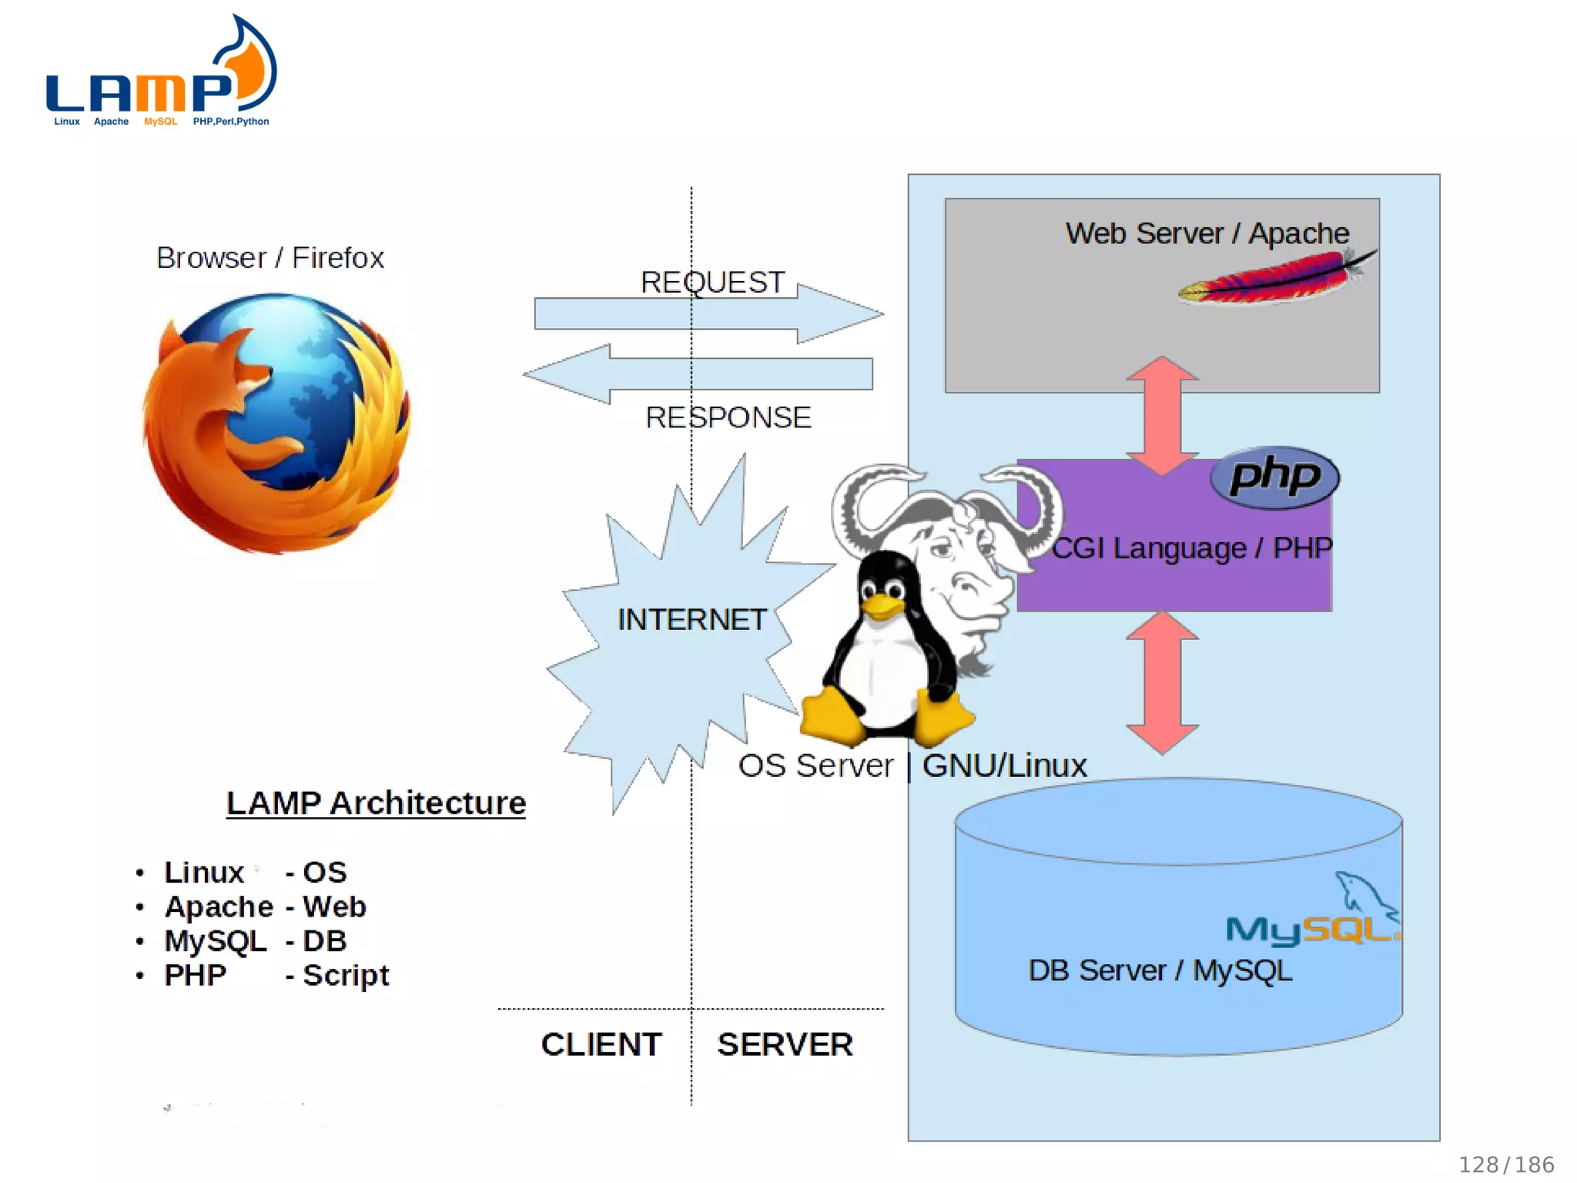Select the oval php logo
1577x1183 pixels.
pos(1274,478)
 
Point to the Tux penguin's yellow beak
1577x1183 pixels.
pos(882,608)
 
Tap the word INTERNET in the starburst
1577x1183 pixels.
pos(691,620)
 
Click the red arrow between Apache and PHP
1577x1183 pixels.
pos(1162,416)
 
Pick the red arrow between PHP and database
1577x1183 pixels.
pos(1162,682)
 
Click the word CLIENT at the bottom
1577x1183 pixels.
pos(601,1045)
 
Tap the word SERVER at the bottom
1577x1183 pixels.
pos(785,1045)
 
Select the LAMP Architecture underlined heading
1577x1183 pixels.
pos(376,803)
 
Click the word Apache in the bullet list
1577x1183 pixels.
pos(219,907)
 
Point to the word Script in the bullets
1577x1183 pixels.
pos(346,976)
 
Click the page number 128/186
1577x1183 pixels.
pos(1506,1165)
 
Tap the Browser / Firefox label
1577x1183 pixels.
pos(270,258)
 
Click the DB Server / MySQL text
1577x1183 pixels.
pos(1160,970)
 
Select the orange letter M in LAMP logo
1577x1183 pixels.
pos(161,93)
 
